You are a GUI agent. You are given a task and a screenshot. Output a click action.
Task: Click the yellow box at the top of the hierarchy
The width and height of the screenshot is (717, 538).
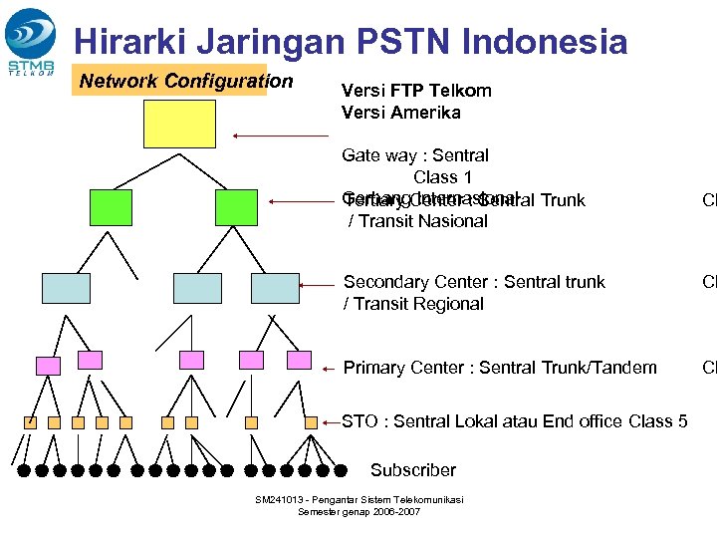(179, 123)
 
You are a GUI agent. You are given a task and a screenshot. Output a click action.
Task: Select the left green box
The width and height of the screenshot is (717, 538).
(110, 207)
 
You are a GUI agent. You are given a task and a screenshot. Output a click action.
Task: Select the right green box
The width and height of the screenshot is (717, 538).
(236, 207)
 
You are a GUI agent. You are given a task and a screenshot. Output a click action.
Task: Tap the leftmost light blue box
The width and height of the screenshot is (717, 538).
(66, 288)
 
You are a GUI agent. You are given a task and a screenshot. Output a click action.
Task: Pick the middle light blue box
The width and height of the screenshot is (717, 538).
(197, 288)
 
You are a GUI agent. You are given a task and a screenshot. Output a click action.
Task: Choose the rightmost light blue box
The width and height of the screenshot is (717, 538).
(275, 288)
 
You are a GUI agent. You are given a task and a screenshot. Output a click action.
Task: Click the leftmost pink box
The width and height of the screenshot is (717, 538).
(46, 360)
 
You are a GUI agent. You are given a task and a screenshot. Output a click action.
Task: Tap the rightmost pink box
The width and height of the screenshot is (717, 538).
(299, 360)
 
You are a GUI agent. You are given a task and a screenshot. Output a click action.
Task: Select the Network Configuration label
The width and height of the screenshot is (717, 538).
(186, 81)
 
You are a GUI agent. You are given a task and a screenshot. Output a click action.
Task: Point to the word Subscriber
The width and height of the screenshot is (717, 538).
(412, 470)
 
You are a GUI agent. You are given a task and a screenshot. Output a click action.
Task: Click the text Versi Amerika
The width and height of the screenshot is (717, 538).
(401, 113)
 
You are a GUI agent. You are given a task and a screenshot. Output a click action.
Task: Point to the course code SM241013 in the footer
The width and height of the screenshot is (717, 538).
(281, 499)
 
